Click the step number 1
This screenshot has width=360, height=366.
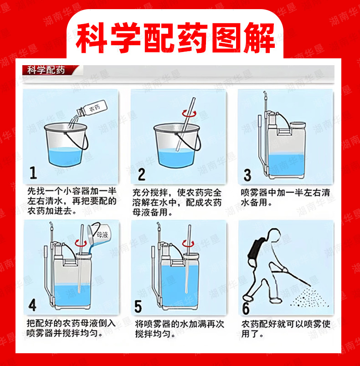pos(33,173)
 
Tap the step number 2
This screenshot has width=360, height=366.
pos(141,174)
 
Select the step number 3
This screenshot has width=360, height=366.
pos(247,175)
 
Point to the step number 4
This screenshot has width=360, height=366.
pos(32,305)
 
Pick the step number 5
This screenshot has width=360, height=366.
pos(138,306)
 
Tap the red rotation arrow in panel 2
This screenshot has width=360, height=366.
pos(189,113)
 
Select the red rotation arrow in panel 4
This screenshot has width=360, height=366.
pos(81,243)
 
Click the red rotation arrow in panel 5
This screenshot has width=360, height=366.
pos(188,243)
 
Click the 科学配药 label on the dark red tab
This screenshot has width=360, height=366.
pos(46,70)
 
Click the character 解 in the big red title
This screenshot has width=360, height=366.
pos(259,38)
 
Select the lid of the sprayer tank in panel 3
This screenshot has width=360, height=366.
pos(298,125)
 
